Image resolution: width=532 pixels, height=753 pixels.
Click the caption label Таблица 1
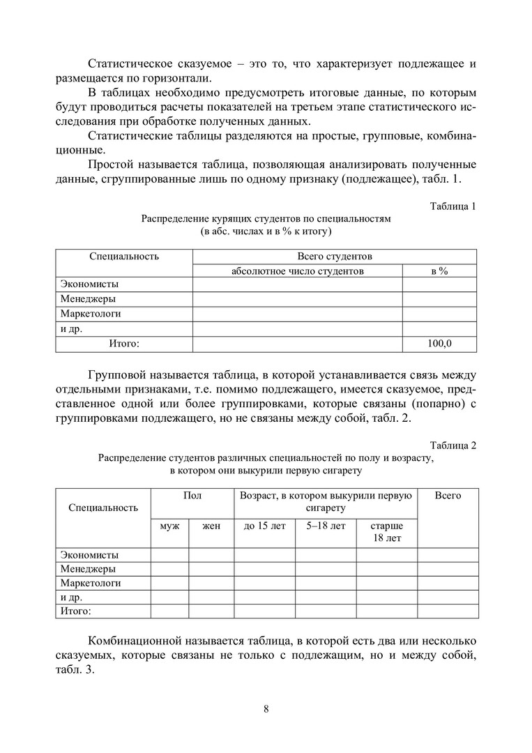pyautogui.click(x=453, y=206)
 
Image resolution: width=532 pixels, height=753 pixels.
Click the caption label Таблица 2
pyautogui.click(x=453, y=446)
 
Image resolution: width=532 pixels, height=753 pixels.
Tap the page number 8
pyautogui.click(x=266, y=710)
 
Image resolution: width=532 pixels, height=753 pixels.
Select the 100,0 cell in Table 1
pyautogui.click(x=439, y=344)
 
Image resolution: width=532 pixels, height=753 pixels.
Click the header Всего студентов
pyautogui.click(x=335, y=256)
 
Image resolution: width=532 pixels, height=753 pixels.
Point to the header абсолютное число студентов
pyautogui.click(x=298, y=271)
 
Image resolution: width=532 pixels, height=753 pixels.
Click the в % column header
pyautogui.click(x=439, y=271)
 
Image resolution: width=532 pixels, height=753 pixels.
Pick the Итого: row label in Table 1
pyautogui.click(x=124, y=344)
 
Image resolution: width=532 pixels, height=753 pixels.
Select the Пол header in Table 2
pyautogui.click(x=192, y=496)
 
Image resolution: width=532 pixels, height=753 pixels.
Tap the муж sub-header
pyautogui.click(x=170, y=526)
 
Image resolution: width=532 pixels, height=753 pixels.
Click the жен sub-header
pyautogui.click(x=211, y=526)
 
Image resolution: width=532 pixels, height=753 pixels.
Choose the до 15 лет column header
pyautogui.click(x=265, y=526)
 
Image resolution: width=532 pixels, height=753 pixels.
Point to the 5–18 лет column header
pyautogui.click(x=326, y=526)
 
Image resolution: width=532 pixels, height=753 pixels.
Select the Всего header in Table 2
pyautogui.click(x=448, y=496)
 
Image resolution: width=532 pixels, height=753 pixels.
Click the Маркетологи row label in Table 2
pyautogui.click(x=91, y=583)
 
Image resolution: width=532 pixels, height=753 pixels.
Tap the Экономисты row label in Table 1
pyautogui.click(x=89, y=284)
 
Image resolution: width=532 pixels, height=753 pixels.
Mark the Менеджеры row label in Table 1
pyautogui.click(x=88, y=299)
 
